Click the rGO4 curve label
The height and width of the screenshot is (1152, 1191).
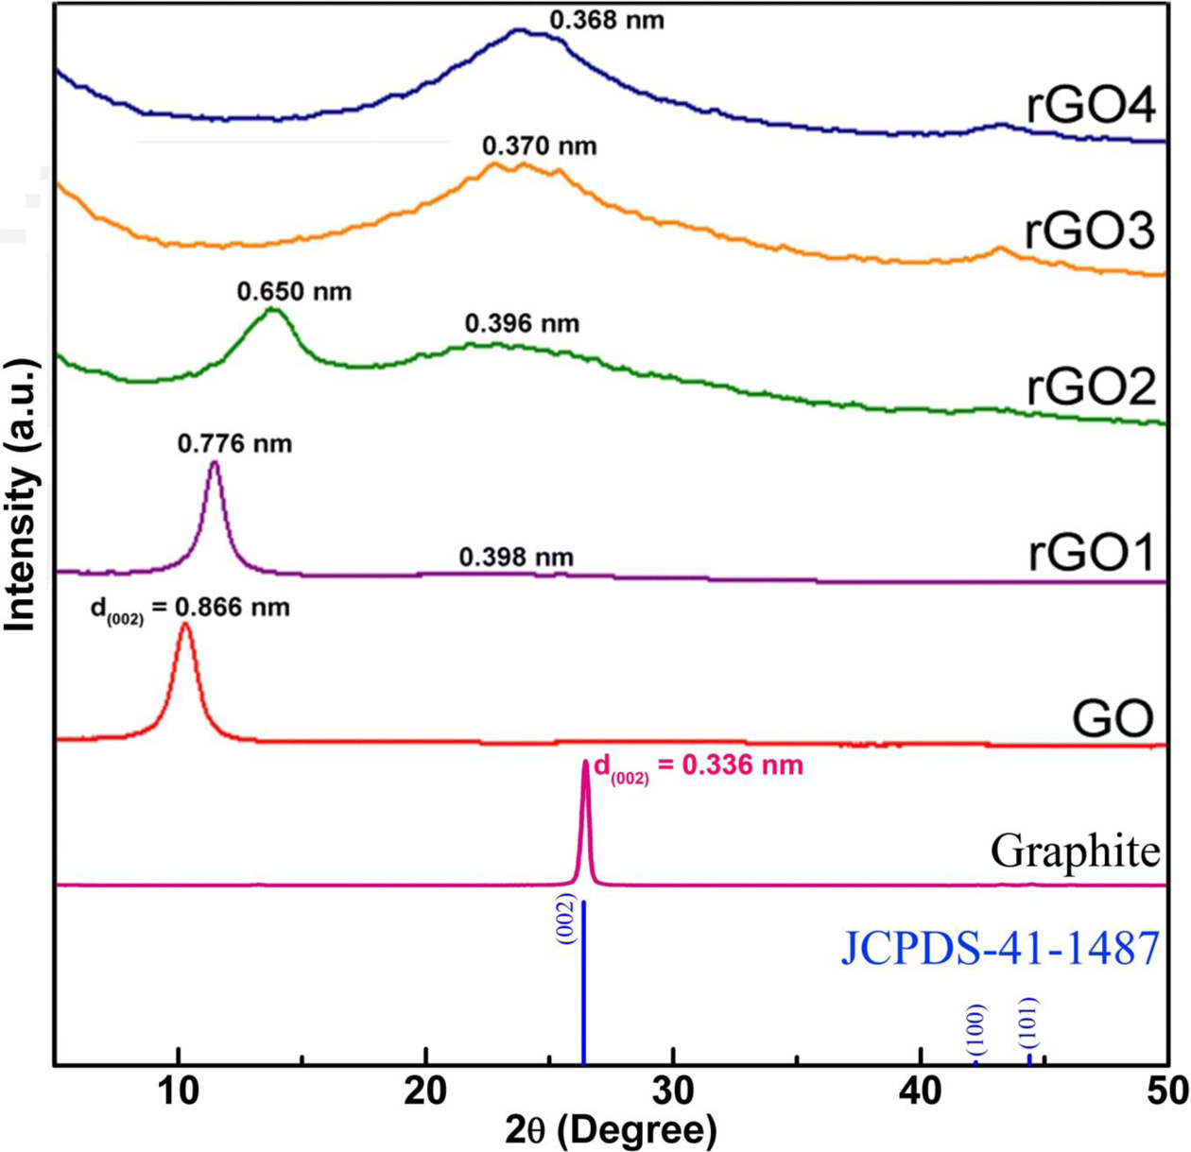pyautogui.click(x=1091, y=107)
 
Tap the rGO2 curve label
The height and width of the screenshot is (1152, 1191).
pyautogui.click(x=1091, y=387)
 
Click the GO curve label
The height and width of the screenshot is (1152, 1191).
pyautogui.click(x=1113, y=719)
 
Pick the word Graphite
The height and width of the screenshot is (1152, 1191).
pyautogui.click(x=1075, y=852)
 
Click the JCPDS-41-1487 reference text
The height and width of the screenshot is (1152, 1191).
pyautogui.click(x=999, y=948)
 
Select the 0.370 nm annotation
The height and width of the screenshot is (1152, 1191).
pyautogui.click(x=540, y=146)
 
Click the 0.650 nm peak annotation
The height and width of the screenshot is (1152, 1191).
pyautogui.click(x=294, y=291)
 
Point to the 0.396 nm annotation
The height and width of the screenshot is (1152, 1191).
pyautogui.click(x=522, y=324)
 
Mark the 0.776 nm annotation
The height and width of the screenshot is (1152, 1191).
pyautogui.click(x=234, y=443)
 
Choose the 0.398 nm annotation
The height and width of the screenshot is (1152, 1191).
pyautogui.click(x=516, y=558)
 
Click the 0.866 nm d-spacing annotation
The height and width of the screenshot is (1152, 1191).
pyautogui.click(x=190, y=609)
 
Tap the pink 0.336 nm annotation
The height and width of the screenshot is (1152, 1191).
pyautogui.click(x=698, y=765)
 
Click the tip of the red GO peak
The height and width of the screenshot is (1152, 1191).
pyautogui.click(x=186, y=625)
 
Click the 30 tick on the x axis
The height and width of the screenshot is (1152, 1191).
pyautogui.click(x=673, y=1090)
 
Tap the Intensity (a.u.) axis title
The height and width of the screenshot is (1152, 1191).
pyautogui.click(x=21, y=494)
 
